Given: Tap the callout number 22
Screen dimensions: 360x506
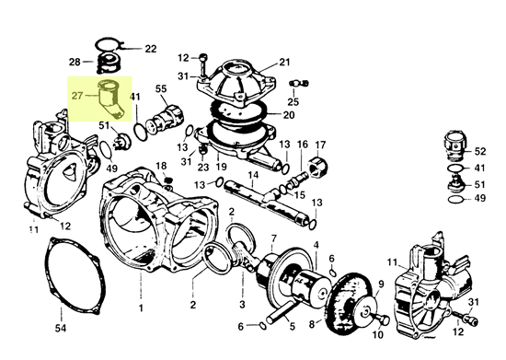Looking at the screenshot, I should (150, 48).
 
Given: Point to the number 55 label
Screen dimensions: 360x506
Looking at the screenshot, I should (161, 88).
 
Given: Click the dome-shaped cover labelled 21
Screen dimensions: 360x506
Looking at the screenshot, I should (234, 83).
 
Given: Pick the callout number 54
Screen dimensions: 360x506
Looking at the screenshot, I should (61, 328).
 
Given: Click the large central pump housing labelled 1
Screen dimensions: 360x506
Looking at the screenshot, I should (147, 221).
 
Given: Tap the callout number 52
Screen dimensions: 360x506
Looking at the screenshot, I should (480, 150).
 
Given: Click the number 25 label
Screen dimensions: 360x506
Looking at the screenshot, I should (295, 102).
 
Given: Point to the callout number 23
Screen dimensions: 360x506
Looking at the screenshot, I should (203, 168).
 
